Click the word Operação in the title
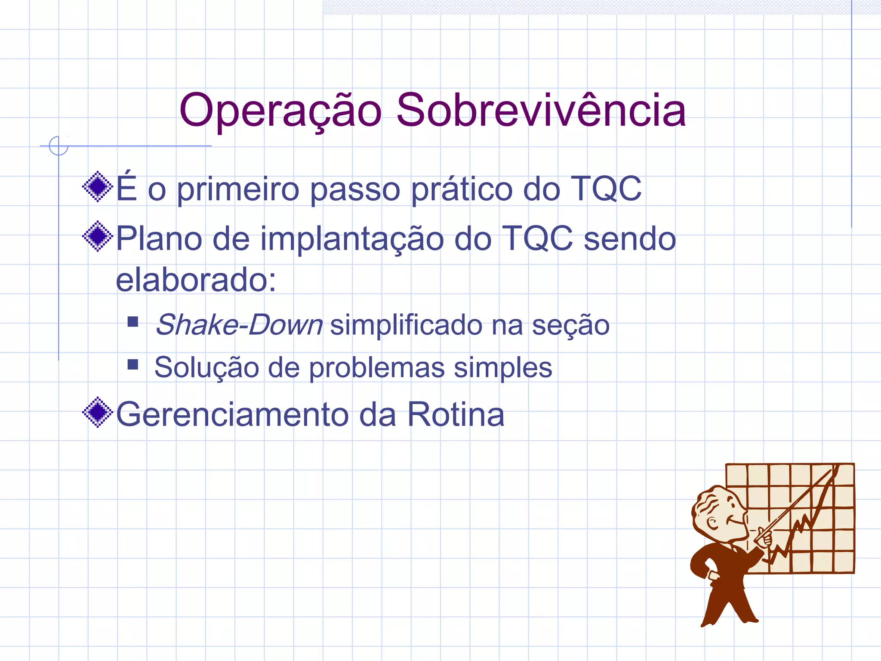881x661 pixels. (280, 111)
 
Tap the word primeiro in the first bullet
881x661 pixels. (238, 189)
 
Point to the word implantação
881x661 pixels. (352, 239)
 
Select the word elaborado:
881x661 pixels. (196, 280)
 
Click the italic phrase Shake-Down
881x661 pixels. (239, 324)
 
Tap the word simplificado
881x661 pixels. (406, 324)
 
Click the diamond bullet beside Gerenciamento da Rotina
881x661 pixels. (98, 412)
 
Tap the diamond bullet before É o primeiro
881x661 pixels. (98, 186)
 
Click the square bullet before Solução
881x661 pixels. (133, 365)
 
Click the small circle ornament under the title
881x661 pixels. (59, 145)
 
